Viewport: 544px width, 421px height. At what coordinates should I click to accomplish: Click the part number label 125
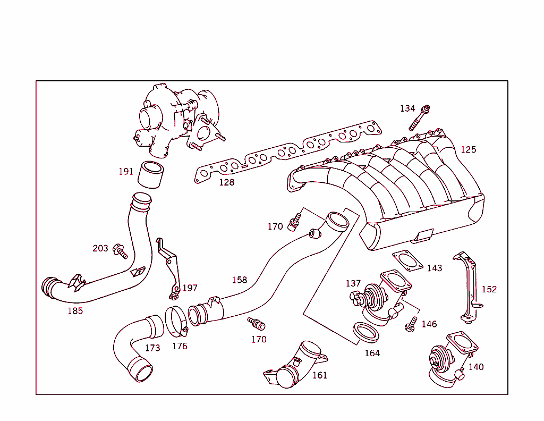click(x=468, y=149)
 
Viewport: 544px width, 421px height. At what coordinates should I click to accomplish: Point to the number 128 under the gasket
click(x=226, y=182)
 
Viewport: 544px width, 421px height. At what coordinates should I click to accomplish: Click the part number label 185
click(x=75, y=311)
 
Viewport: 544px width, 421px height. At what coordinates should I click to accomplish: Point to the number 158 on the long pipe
click(x=239, y=280)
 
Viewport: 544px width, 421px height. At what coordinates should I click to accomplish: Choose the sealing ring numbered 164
click(x=365, y=332)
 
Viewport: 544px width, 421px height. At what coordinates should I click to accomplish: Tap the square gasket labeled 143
click(x=407, y=260)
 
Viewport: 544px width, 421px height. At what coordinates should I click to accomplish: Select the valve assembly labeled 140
click(x=445, y=361)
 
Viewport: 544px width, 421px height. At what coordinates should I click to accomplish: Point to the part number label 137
click(x=353, y=283)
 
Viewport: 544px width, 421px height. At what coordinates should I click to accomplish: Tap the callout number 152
click(x=489, y=289)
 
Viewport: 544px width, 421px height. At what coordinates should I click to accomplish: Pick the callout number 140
click(x=476, y=367)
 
